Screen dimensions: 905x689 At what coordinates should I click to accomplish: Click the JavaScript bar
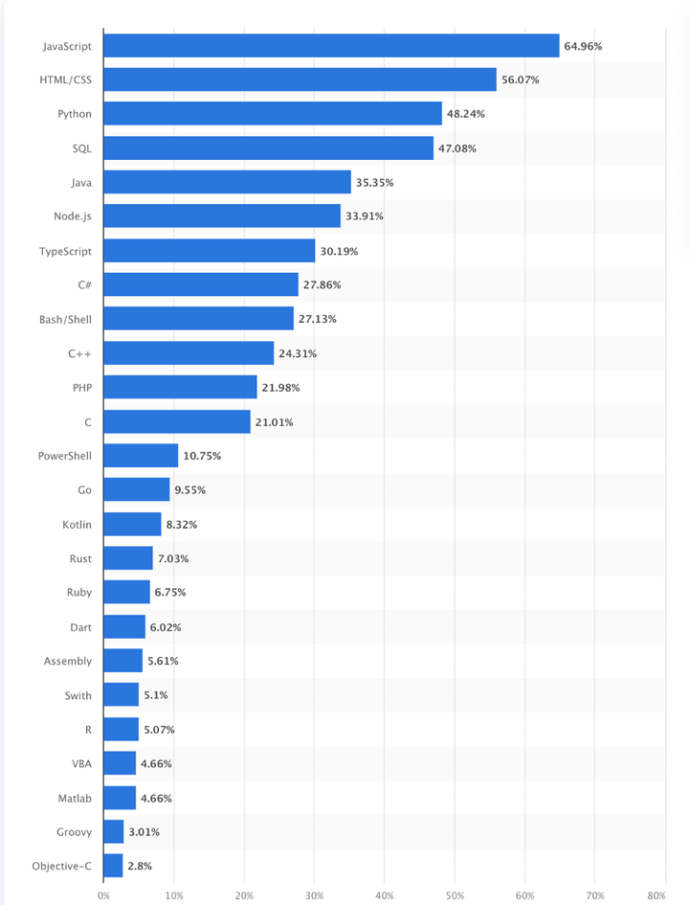pyautogui.click(x=331, y=46)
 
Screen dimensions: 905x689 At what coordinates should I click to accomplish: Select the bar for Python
pyautogui.click(x=273, y=114)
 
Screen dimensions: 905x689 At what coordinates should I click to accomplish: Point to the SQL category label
pyautogui.click(x=82, y=148)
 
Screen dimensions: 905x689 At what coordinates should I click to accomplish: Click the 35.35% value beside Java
pyautogui.click(x=375, y=182)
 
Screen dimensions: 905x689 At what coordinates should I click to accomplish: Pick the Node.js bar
pyautogui.click(x=222, y=216)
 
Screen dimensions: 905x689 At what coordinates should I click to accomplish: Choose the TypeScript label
pyautogui.click(x=66, y=251)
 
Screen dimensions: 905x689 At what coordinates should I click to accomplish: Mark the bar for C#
pyautogui.click(x=201, y=284)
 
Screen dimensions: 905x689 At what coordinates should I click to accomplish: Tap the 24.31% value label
pyautogui.click(x=298, y=353)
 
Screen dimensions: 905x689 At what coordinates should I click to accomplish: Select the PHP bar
pyautogui.click(x=180, y=387)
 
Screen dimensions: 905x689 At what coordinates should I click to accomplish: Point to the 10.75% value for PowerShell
pyautogui.click(x=202, y=456)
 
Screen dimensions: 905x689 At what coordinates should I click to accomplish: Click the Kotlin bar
pyautogui.click(x=132, y=524)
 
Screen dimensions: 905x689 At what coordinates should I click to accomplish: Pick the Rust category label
pyautogui.click(x=80, y=558)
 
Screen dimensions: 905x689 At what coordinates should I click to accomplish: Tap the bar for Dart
pyautogui.click(x=124, y=626)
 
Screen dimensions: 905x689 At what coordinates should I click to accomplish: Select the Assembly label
pyautogui.click(x=68, y=661)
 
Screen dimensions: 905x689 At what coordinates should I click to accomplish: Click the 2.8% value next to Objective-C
pyautogui.click(x=140, y=866)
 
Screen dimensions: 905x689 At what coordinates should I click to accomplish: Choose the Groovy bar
pyautogui.click(x=114, y=831)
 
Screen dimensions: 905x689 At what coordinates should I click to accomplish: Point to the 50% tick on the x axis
pyautogui.click(x=455, y=895)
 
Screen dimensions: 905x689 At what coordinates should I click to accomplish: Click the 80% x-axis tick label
pyautogui.click(x=656, y=895)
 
